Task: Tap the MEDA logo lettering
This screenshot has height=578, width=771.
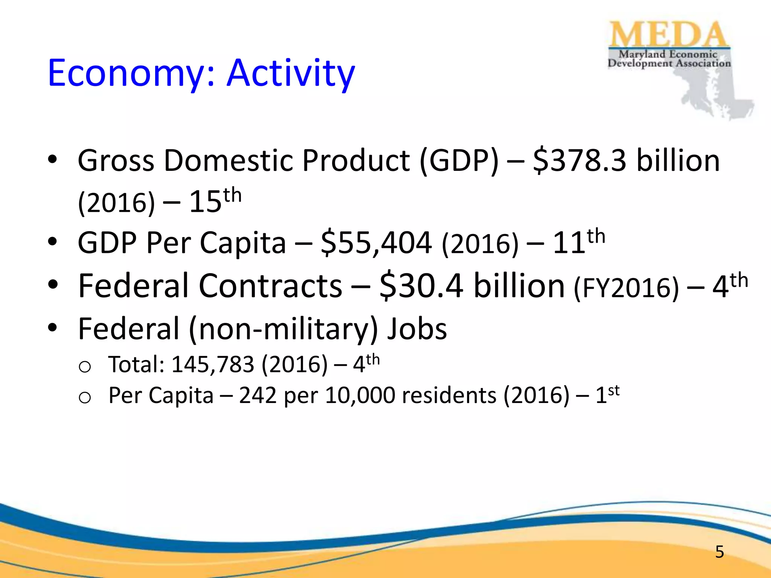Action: (668, 35)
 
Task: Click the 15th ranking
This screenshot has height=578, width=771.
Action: (215, 201)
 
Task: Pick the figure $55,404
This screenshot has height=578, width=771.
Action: (376, 243)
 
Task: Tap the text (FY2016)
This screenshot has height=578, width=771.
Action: (626, 287)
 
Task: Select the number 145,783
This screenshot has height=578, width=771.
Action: (213, 364)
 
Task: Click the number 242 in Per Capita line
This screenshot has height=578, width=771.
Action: (258, 396)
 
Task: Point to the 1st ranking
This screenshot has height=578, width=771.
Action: (607, 395)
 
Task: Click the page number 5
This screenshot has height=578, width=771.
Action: (719, 552)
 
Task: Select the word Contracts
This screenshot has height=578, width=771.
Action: (270, 286)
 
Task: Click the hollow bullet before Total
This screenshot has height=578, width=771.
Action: (85, 367)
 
